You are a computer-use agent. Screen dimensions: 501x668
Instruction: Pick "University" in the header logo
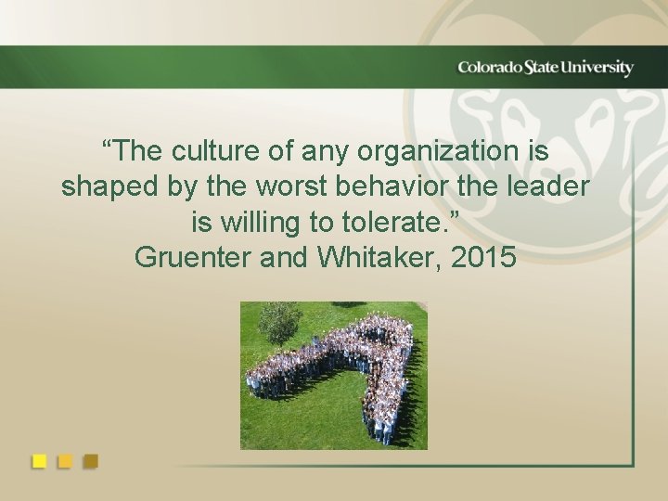[x=602, y=68]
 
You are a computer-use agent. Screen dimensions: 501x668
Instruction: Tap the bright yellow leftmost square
[x=40, y=460]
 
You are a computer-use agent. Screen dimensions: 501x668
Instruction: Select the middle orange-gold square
[x=65, y=460]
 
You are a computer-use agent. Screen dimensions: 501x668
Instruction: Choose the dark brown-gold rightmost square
[x=90, y=460]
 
